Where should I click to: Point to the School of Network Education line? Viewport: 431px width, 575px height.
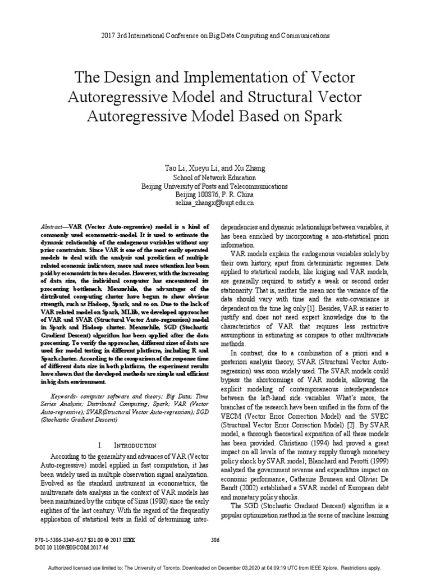tap(215, 177)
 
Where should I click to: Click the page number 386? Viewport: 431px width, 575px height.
tap(215, 540)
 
